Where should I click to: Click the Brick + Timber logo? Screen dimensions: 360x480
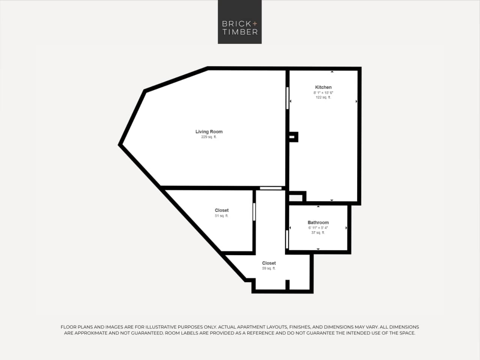[239, 22]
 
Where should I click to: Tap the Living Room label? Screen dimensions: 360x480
[209, 132]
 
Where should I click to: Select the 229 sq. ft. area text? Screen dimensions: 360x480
[209, 137]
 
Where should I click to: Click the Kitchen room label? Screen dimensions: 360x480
[323, 87]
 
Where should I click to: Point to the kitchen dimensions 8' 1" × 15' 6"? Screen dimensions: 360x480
[323, 93]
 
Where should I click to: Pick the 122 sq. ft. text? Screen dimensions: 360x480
[323, 98]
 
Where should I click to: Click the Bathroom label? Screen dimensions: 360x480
[318, 223]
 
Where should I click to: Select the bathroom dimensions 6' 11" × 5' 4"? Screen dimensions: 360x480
[318, 228]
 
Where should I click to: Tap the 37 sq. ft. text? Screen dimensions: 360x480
[318, 233]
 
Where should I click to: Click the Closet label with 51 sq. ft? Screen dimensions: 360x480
[221, 211]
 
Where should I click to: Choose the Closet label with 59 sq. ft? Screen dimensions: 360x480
[269, 263]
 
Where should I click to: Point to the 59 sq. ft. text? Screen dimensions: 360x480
[269, 268]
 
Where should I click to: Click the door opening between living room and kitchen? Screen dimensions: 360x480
[288, 98]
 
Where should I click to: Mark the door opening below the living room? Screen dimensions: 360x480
[271, 188]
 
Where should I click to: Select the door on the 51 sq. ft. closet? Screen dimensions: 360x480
[254, 212]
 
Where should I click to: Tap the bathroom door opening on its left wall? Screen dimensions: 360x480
[287, 239]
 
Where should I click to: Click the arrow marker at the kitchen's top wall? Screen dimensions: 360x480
[332, 71]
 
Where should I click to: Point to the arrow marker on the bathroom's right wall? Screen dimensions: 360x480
[346, 228]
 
